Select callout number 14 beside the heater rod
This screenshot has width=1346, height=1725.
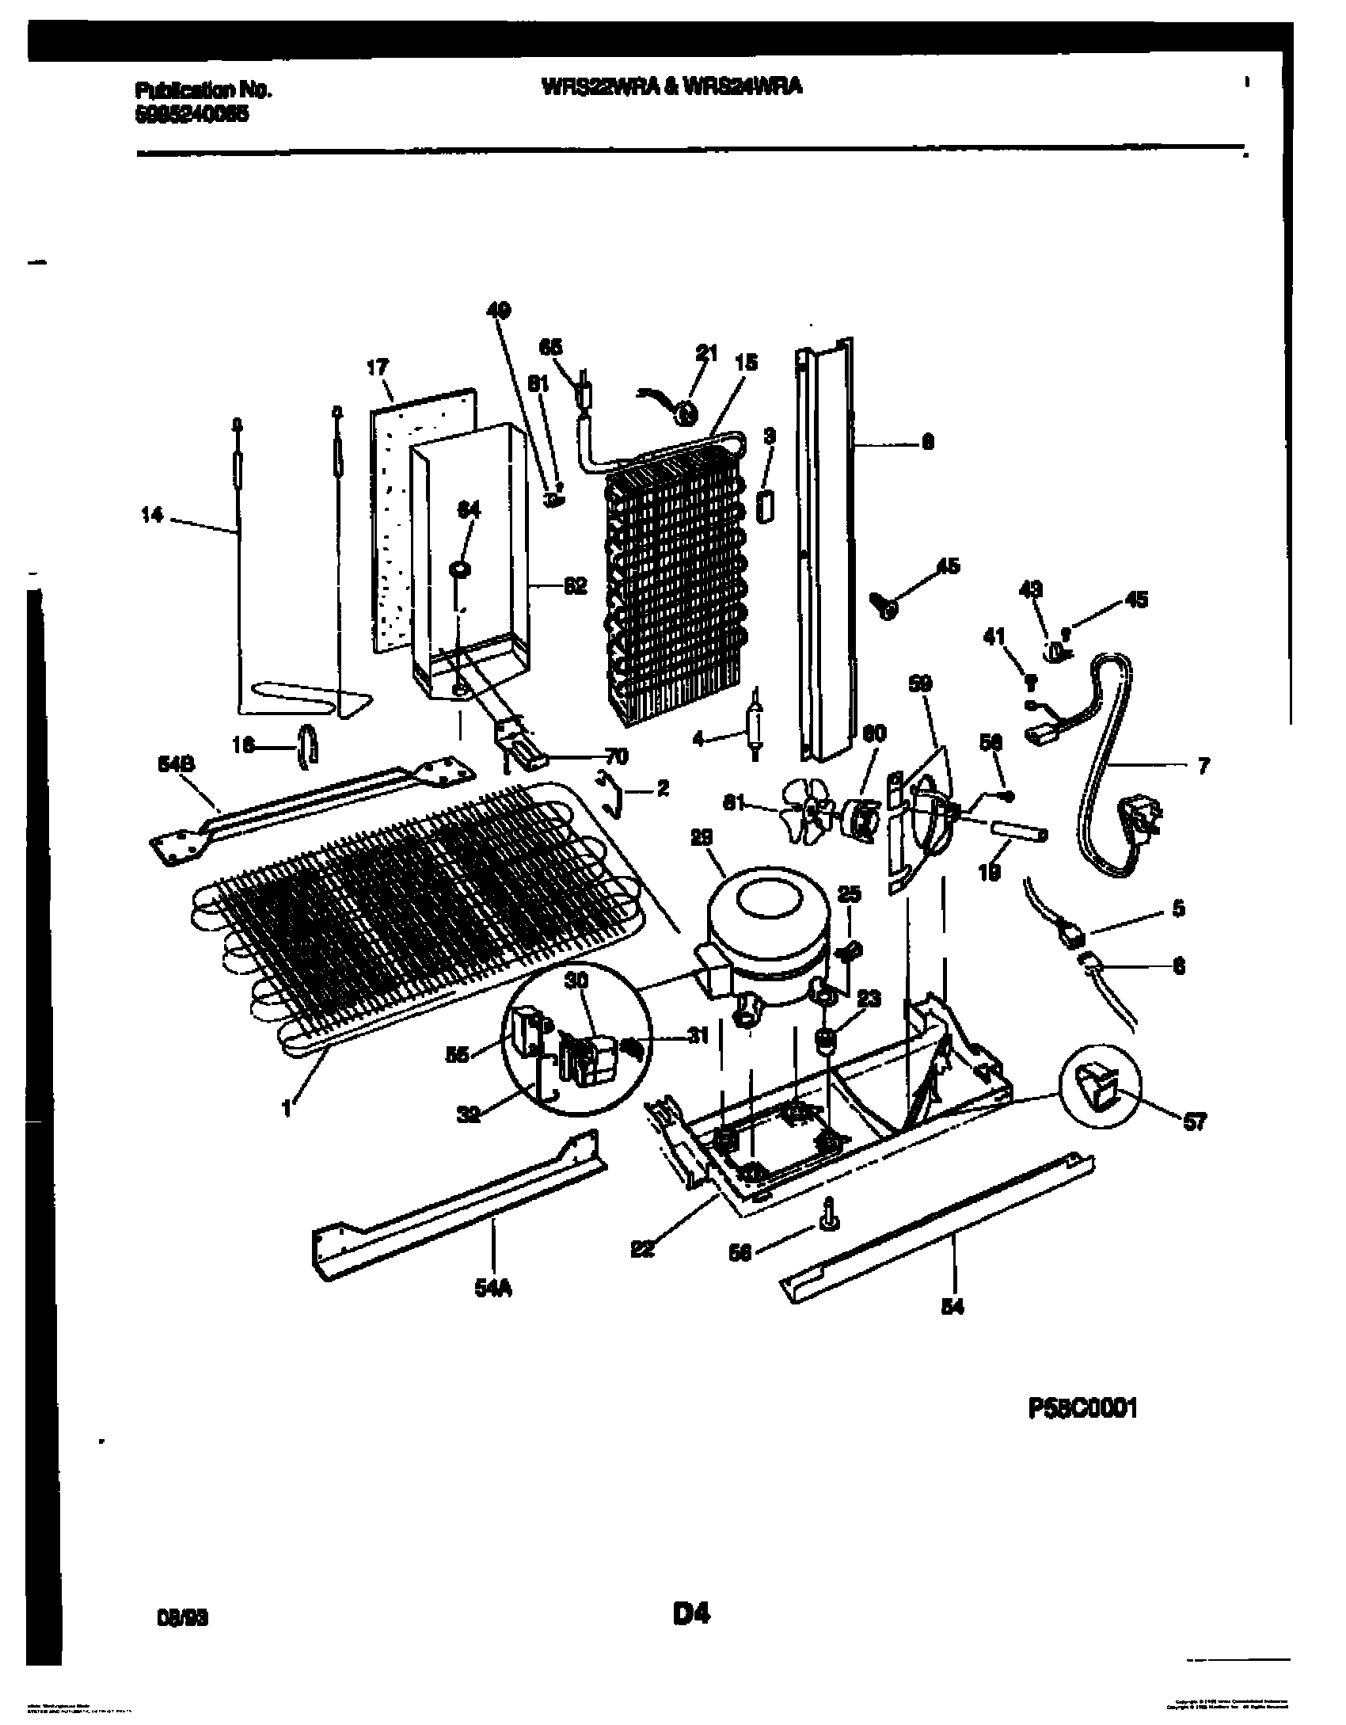(x=152, y=516)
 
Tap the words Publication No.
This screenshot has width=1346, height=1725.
(x=203, y=90)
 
